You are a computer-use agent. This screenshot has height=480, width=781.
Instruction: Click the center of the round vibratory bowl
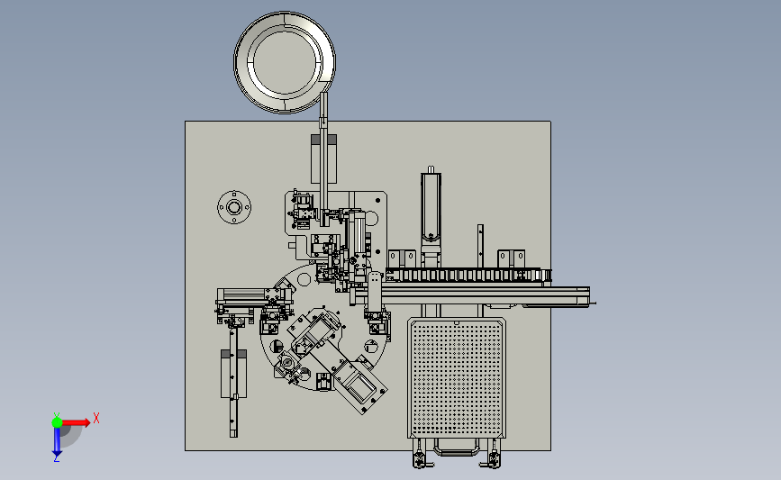click(x=285, y=62)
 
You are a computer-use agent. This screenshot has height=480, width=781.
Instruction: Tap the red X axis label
click(x=96, y=418)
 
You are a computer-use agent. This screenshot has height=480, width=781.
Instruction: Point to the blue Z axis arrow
click(x=57, y=441)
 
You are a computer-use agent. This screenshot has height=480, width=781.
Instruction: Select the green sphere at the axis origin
click(x=57, y=422)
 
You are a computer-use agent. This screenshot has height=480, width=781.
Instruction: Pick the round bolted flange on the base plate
click(x=234, y=207)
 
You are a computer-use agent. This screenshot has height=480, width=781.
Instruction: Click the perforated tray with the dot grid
click(x=457, y=378)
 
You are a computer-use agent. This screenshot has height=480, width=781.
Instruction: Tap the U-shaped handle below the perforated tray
click(x=457, y=450)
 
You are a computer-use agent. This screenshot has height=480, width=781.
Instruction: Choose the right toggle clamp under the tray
click(x=493, y=454)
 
